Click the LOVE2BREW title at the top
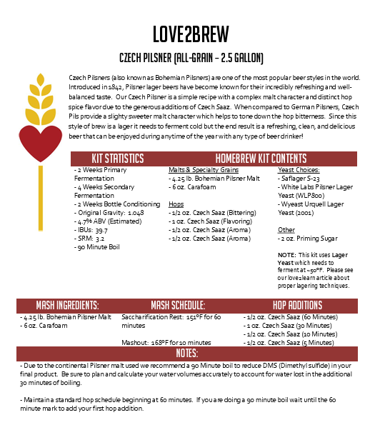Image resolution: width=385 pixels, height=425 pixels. click(x=192, y=34)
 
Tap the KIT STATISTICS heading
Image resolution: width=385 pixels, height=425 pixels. click(x=118, y=158)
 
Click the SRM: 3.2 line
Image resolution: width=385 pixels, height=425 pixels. click(x=90, y=239)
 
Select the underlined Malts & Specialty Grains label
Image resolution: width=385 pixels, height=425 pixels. click(x=194, y=170)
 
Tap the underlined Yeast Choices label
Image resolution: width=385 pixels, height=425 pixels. click(x=298, y=170)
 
